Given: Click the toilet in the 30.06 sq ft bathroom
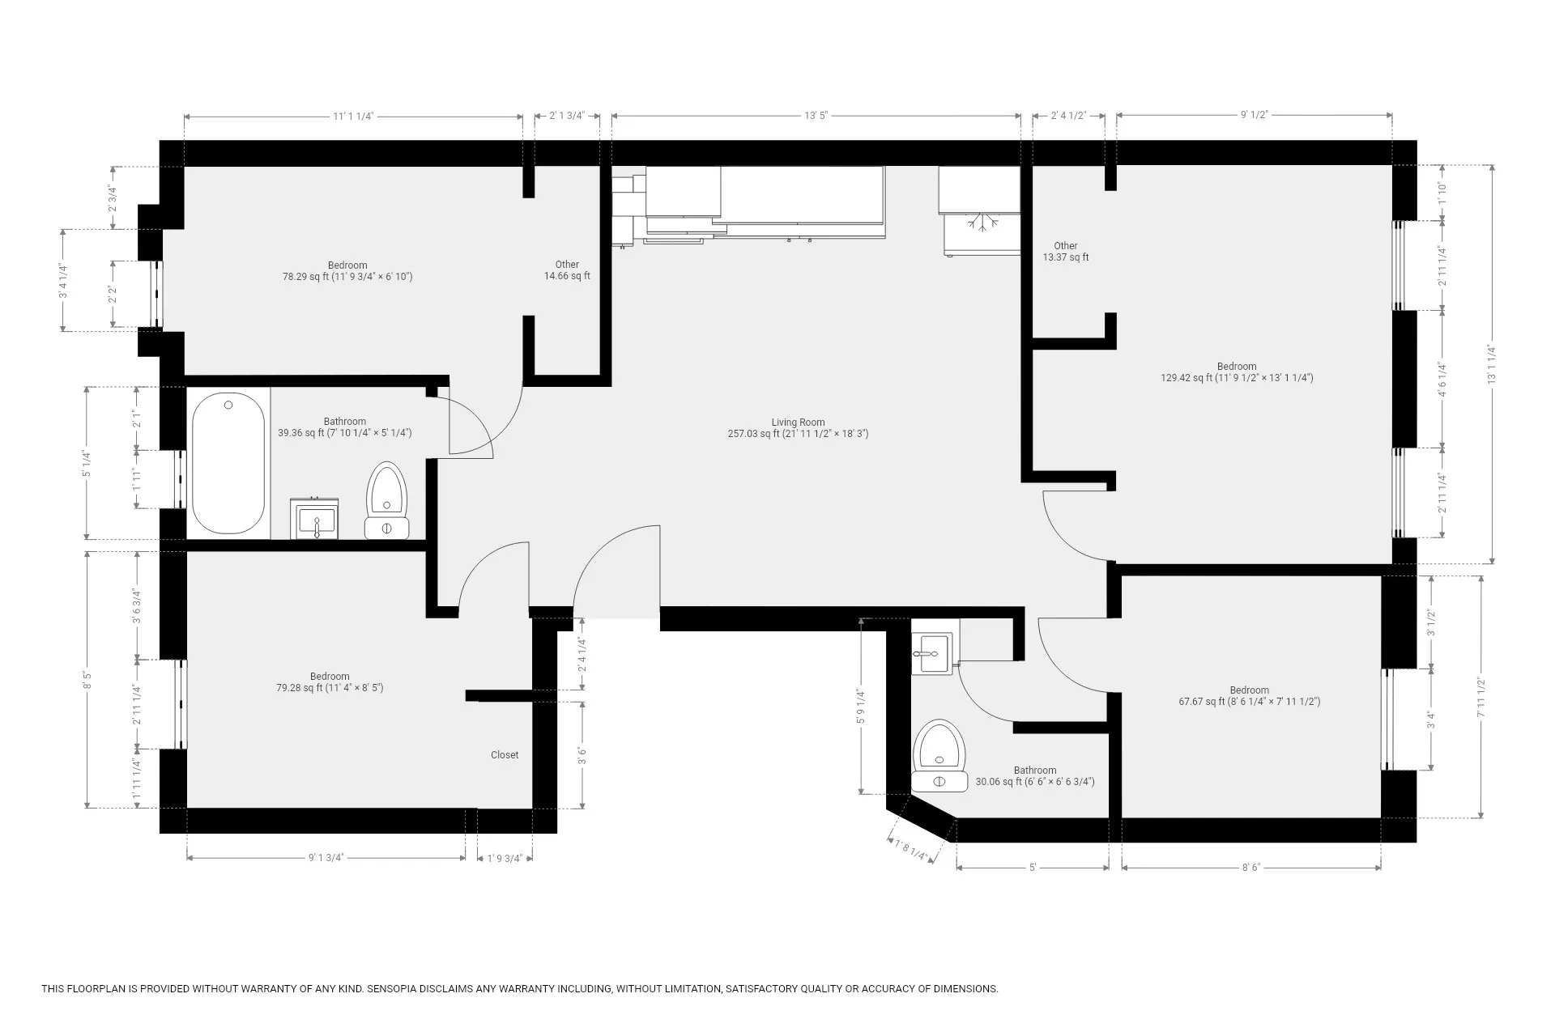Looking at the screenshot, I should tap(940, 756).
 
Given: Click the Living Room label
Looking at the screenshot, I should tap(798, 427).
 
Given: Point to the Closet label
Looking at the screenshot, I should tap(505, 755).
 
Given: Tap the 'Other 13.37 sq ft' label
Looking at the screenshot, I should tap(1065, 252).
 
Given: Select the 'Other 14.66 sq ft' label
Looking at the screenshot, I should tap(567, 270).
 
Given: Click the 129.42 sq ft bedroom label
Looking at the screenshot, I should tap(1236, 372).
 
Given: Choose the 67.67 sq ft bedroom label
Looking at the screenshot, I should tap(1249, 696).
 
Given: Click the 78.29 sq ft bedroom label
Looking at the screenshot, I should tap(347, 271).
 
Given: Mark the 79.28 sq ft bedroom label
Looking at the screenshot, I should tap(330, 682).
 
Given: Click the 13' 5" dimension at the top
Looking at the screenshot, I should tap(816, 116).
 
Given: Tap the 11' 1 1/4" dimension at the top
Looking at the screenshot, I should tap(353, 117).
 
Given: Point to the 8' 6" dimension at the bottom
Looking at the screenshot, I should tap(1250, 867).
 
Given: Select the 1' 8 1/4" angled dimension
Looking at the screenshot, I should tap(911, 849).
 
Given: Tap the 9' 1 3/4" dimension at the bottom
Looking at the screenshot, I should tap(326, 858).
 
